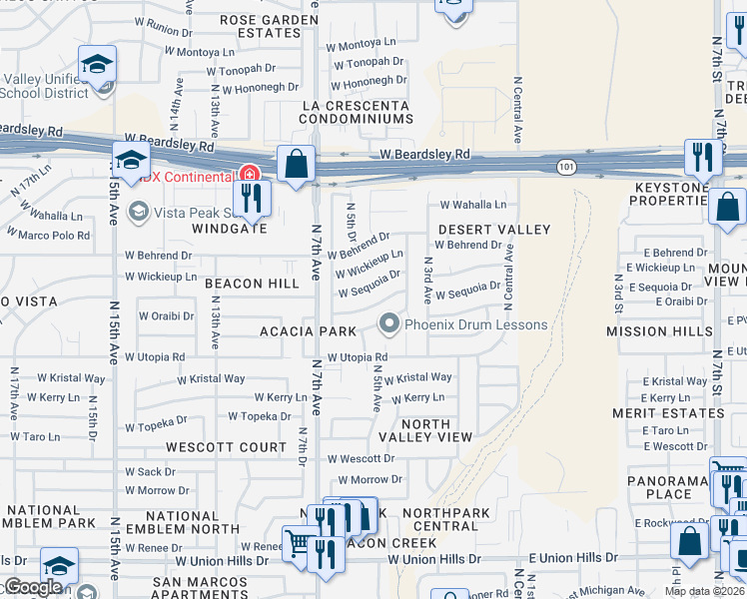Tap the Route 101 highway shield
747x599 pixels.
565,166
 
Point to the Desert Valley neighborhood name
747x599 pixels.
494,230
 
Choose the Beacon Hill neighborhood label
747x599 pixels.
252,284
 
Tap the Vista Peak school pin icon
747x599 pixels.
139,211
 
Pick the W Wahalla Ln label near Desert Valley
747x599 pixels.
473,205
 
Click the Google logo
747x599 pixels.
33,587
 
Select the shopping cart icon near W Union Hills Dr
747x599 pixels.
298,545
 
